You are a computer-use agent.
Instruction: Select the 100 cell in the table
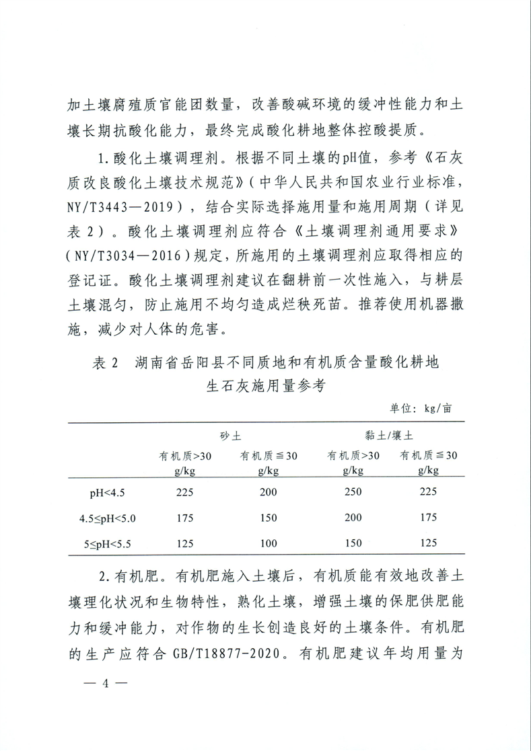click(268, 542)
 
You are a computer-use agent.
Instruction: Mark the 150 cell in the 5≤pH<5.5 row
click(353, 542)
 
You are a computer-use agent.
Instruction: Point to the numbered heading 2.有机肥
click(129, 576)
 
